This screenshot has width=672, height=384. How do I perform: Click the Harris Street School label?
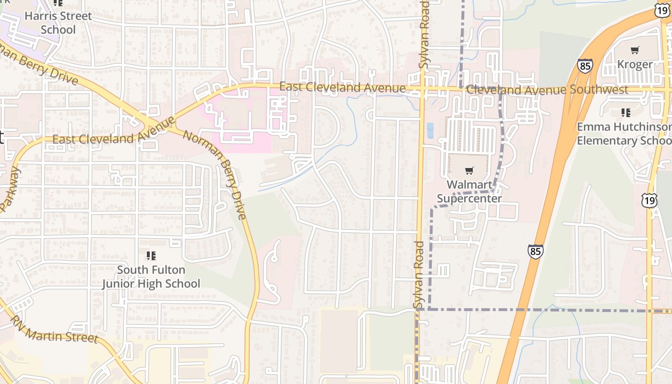tap(58, 23)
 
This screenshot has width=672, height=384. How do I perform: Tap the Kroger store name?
tap(635, 64)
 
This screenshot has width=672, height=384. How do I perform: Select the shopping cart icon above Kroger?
tap(635, 50)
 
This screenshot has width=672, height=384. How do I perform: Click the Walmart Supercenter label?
tap(469, 192)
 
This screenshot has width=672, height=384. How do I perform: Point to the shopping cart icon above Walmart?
tap(469, 170)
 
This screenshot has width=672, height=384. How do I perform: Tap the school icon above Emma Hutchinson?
tap(625, 113)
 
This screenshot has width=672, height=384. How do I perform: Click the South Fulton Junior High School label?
tap(151, 276)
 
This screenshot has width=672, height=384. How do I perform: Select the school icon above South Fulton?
tap(151, 255)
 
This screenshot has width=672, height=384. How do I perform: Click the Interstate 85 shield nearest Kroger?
tap(585, 66)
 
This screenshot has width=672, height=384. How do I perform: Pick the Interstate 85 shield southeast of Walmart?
tap(535, 252)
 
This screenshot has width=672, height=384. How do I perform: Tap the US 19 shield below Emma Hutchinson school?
tap(649, 201)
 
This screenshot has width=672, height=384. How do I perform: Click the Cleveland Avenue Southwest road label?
tap(547, 90)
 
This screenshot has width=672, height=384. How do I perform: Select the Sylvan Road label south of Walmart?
tap(419, 275)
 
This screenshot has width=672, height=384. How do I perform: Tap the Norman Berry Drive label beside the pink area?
tap(215, 175)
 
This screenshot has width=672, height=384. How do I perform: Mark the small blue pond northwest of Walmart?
tap(430, 130)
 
